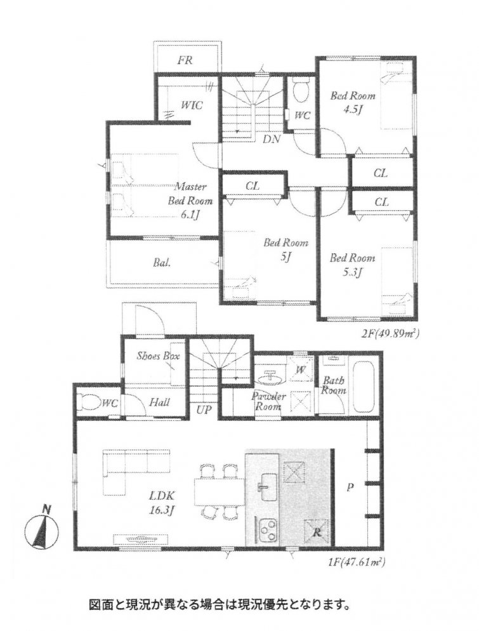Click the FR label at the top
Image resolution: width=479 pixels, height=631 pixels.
pos(185,60)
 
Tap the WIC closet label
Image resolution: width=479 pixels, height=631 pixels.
pos(192,105)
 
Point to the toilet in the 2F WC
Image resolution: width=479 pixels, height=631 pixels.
pos(301,91)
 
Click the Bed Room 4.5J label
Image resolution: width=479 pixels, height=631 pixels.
pos(353,102)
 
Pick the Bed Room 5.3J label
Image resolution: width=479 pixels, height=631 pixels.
pos(352,265)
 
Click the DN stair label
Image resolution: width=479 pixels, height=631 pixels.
pos(272,139)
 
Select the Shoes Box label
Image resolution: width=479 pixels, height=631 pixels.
pos(157,355)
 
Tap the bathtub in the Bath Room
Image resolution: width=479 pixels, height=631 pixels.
pos(364,386)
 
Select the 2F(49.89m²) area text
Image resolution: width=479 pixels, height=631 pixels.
pos(388,334)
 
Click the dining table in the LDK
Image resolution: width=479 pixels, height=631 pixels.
pos(220,491)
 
